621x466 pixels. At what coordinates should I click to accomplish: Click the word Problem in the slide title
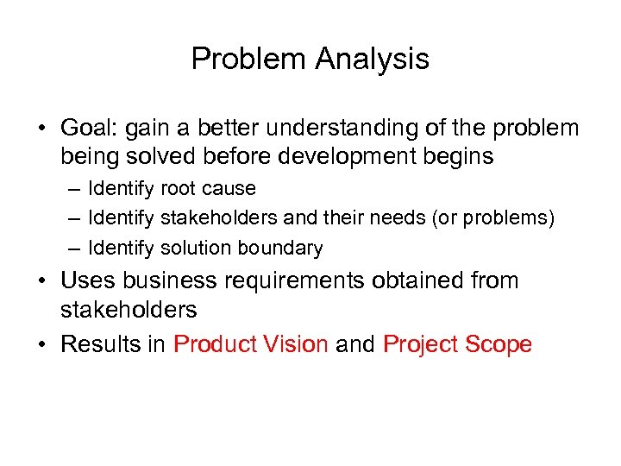pos(249,60)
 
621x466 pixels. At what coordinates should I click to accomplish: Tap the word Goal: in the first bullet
pos(91,129)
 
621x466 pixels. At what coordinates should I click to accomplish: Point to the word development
pos(346,156)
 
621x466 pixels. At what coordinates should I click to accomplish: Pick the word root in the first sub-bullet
pos(185,188)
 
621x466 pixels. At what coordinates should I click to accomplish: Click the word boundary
pos(277,249)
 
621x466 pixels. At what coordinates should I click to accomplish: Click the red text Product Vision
pos(250,345)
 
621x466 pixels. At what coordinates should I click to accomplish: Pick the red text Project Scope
pos(457,345)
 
